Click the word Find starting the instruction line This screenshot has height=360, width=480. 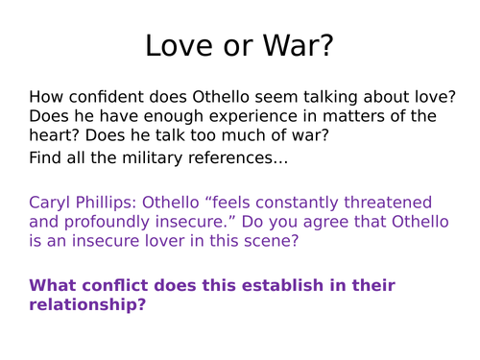click(47, 156)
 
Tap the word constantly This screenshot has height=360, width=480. click(303, 203)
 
